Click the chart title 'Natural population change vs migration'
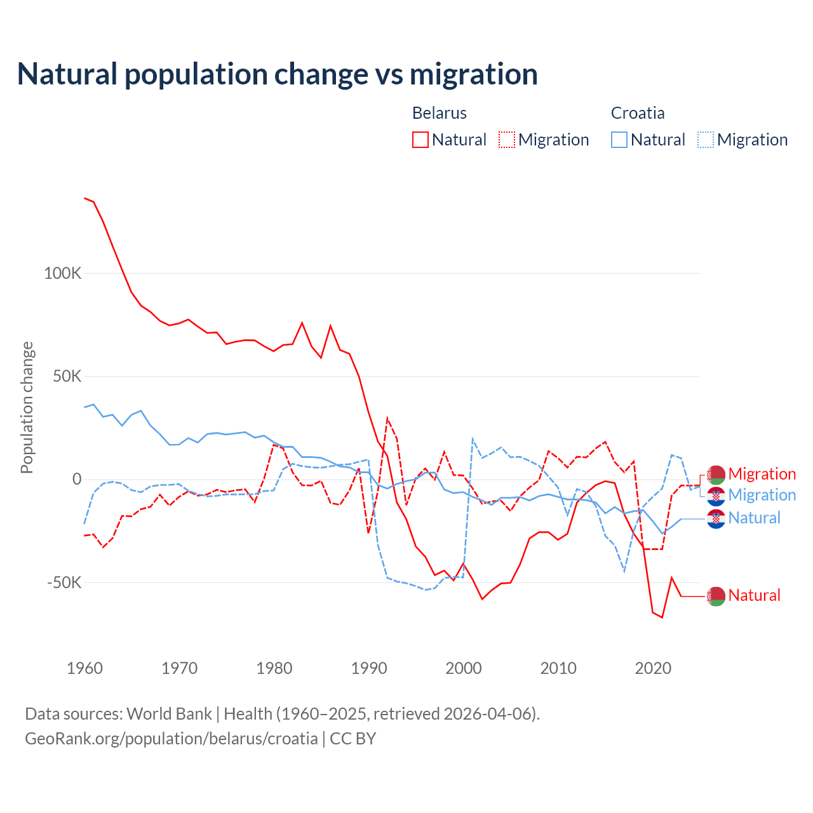[x=278, y=74]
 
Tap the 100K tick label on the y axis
[x=63, y=274]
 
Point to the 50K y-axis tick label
[x=67, y=377]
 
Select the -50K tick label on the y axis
[x=64, y=582]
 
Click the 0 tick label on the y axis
[x=77, y=480]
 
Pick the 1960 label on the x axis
[x=84, y=668]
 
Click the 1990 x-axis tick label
[x=369, y=668]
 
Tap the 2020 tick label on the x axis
[x=653, y=668]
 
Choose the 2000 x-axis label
[x=464, y=668]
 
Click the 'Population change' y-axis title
[x=27, y=407]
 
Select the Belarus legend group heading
[x=440, y=113]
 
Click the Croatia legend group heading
[x=638, y=113]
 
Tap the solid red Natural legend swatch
[x=420, y=140]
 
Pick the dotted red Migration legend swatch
[x=507, y=140]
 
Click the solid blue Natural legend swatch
[x=619, y=140]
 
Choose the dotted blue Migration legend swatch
[x=706, y=140]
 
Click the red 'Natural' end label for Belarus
[x=754, y=596]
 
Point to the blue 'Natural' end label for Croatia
[x=754, y=518]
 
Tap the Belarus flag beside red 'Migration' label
[x=716, y=474]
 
